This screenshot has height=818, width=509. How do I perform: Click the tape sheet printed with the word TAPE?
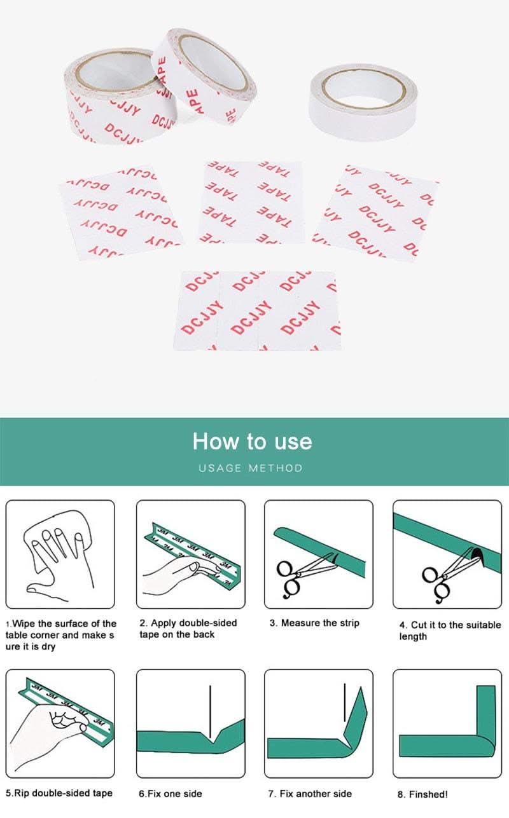click(251, 202)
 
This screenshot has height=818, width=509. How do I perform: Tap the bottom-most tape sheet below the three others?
click(257, 310)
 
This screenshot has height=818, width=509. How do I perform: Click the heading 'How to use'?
click(253, 441)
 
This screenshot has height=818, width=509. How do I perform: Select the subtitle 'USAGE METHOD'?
click(251, 468)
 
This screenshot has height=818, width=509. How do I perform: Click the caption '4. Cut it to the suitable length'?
click(449, 631)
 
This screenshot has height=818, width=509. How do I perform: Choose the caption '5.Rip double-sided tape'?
click(59, 793)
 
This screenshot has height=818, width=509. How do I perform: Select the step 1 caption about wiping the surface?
click(61, 635)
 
